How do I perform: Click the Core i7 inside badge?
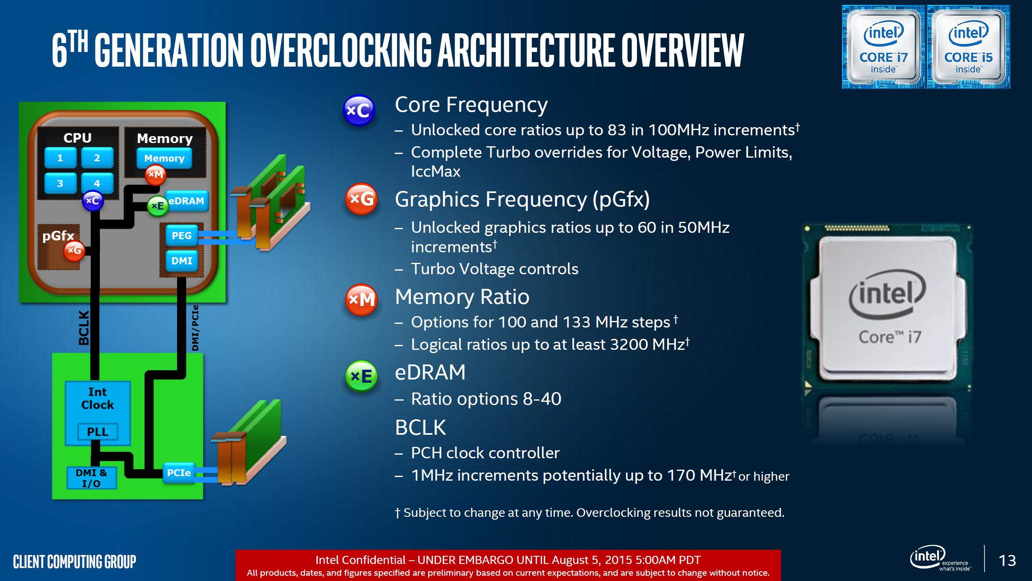(883, 47)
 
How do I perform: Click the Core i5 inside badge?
(969, 47)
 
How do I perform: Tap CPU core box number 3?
(60, 183)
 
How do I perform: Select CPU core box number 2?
(97, 158)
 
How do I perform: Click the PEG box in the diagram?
(181, 235)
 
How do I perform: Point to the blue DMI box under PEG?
(181, 261)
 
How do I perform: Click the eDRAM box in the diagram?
(186, 201)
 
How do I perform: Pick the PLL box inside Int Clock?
(98, 431)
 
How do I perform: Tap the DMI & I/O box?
(91, 478)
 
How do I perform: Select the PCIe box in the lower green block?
(179, 473)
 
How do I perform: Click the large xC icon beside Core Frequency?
(359, 110)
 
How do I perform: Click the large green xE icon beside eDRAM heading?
(361, 376)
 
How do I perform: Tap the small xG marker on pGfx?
(74, 250)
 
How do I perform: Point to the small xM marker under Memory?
(155, 174)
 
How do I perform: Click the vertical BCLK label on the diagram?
(84, 327)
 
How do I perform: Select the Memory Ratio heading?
(462, 297)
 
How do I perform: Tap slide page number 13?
(1007, 561)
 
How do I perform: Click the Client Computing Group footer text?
(74, 562)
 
